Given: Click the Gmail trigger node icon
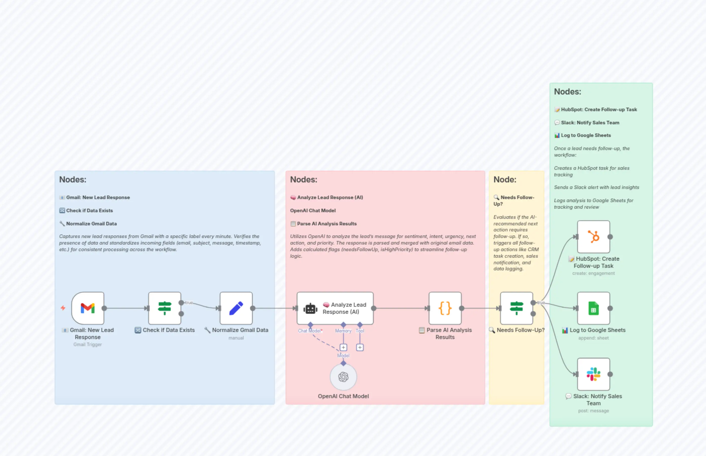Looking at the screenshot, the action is (88, 308).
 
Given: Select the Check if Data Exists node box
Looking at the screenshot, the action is (165, 308).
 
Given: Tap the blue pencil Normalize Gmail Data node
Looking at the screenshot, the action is (236, 308).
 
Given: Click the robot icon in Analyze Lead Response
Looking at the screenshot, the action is (310, 309).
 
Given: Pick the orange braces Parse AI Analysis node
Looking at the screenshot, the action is (445, 308).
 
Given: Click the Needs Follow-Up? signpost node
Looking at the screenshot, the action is (516, 308).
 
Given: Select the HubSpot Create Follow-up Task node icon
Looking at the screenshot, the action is (594, 236).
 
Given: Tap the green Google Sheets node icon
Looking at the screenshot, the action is (594, 308).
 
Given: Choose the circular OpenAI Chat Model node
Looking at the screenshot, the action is (343, 377).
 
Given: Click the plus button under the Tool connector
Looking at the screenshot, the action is (360, 347).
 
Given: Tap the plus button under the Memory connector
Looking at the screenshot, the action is (343, 347).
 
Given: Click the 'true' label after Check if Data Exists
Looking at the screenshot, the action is (189, 303).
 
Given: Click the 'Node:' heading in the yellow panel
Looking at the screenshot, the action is (505, 179).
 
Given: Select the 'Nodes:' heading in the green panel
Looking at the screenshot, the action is (568, 92).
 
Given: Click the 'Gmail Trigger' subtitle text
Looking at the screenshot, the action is (88, 344).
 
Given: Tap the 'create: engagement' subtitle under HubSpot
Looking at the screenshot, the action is (594, 273).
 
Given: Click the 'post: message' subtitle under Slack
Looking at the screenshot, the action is (594, 411).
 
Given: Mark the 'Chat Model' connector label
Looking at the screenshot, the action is (310, 331).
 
